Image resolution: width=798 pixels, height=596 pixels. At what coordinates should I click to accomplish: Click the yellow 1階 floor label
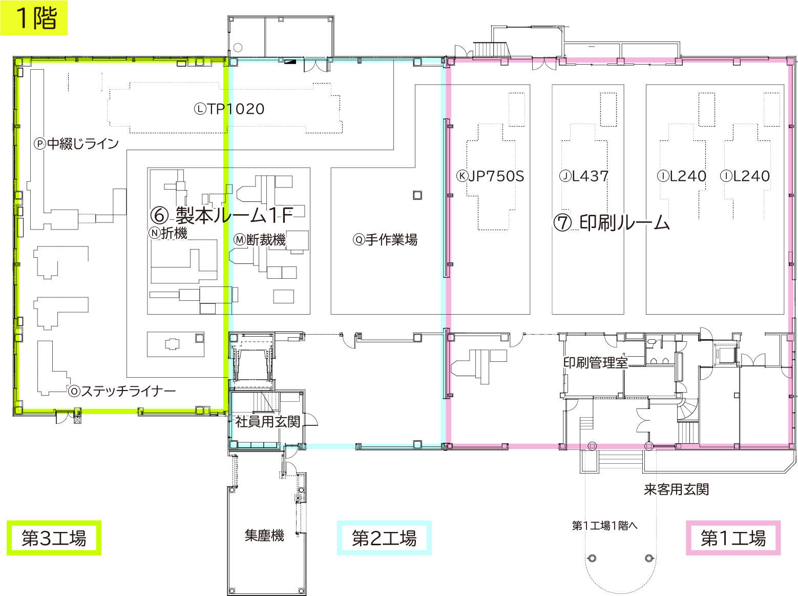pos(34,18)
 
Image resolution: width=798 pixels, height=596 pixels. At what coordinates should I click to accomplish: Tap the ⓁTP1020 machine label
pos(229,109)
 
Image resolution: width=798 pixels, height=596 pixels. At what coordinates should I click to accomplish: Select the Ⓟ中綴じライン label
pos(77,143)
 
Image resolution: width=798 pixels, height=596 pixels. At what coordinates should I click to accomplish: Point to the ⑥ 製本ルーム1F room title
pos(222,215)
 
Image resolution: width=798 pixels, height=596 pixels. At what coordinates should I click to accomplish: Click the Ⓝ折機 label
pos(169,233)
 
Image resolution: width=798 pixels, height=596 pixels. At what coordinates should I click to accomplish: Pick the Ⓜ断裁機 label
pos(260,240)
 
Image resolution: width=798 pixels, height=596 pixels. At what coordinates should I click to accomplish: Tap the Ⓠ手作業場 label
pos(385,240)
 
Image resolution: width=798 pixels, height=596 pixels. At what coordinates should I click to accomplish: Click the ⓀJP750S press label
pos(491,176)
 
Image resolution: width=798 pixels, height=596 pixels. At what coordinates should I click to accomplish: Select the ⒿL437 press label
pos(584,176)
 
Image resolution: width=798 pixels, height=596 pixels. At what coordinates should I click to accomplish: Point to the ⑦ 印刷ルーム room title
pos(612,223)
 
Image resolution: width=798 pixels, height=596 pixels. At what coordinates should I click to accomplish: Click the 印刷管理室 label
pos(595,363)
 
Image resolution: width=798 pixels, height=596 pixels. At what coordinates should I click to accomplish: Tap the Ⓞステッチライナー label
pos(122,392)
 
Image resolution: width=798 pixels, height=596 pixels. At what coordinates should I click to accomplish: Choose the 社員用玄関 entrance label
pos(267,422)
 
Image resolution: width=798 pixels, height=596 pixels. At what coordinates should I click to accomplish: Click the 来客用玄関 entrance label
pos(676,489)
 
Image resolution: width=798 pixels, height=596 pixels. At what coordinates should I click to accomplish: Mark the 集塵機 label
pos(264,536)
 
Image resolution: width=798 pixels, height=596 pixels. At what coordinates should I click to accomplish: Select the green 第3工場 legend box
pos(54,538)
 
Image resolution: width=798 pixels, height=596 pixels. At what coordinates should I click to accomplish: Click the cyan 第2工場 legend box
pos(384,538)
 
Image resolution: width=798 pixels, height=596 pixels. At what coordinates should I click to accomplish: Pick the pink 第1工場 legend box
pos(733,538)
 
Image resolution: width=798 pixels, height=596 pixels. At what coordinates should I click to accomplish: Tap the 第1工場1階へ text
pos(604,525)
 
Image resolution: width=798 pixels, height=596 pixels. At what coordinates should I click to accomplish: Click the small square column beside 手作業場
pos(417,195)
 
